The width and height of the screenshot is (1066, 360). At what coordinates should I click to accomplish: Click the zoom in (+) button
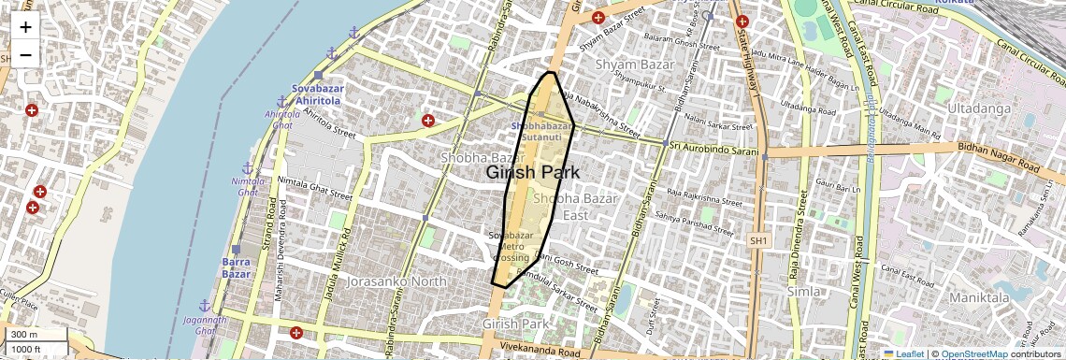(x=25, y=27)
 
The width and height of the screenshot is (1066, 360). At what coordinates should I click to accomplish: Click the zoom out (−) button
(x=25, y=54)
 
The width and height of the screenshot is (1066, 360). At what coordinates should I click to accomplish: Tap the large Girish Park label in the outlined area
(x=533, y=173)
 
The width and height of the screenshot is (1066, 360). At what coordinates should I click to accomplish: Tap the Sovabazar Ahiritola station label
(x=318, y=94)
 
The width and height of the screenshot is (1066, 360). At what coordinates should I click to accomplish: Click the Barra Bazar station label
(x=236, y=267)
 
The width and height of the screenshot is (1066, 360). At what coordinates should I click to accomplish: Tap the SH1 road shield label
(x=757, y=241)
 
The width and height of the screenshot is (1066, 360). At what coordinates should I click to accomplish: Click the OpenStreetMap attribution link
(x=973, y=353)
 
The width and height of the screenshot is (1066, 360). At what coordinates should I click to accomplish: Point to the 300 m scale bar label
(x=25, y=335)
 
